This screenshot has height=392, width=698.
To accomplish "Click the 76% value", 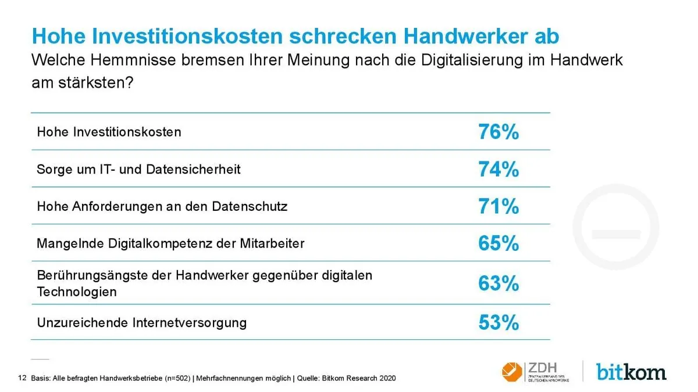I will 498,132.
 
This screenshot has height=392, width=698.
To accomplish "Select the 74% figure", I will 498,170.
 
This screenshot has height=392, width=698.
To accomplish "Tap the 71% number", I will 498,207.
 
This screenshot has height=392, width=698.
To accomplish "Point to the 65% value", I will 498,244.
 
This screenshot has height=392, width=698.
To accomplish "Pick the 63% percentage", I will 498,283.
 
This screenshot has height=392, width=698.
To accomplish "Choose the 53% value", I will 498,322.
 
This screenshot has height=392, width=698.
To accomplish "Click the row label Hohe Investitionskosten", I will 109,132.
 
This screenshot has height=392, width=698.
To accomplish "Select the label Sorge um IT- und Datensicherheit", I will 138,169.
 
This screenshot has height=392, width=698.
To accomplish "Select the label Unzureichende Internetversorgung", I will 141,322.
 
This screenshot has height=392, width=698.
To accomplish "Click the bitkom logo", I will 631,371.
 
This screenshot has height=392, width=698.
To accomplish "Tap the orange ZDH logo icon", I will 512,371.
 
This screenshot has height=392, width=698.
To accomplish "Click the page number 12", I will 23,378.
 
